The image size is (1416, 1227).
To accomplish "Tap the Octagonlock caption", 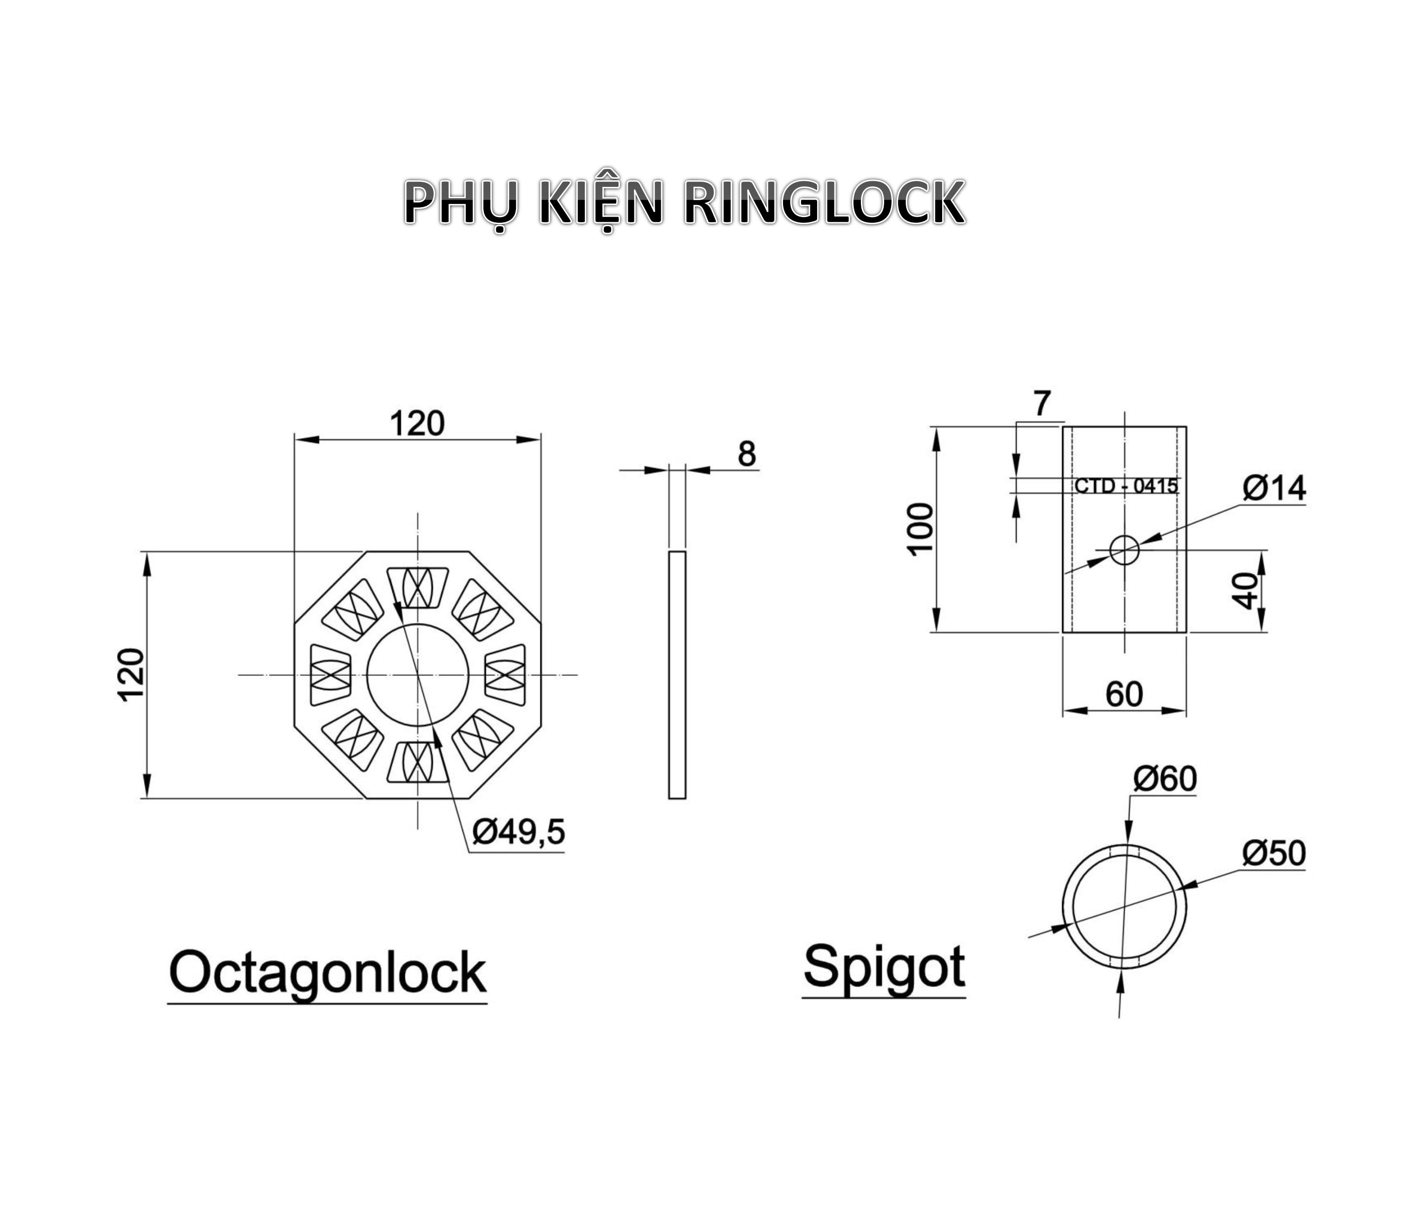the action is point(327,974).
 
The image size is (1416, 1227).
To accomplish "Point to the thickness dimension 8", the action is point(747,454).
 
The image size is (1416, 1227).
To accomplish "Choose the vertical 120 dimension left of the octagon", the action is point(132,674).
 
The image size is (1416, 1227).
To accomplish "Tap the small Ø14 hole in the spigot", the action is point(1124,550).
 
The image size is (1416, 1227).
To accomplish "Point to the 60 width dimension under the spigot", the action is point(1124,694).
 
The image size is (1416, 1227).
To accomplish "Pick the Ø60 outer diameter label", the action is point(1165,779).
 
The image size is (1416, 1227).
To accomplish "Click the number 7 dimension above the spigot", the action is point(1041,403).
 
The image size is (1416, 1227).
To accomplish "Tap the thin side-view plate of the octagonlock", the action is point(676,674).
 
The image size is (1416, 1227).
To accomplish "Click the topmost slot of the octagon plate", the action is point(418,586).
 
